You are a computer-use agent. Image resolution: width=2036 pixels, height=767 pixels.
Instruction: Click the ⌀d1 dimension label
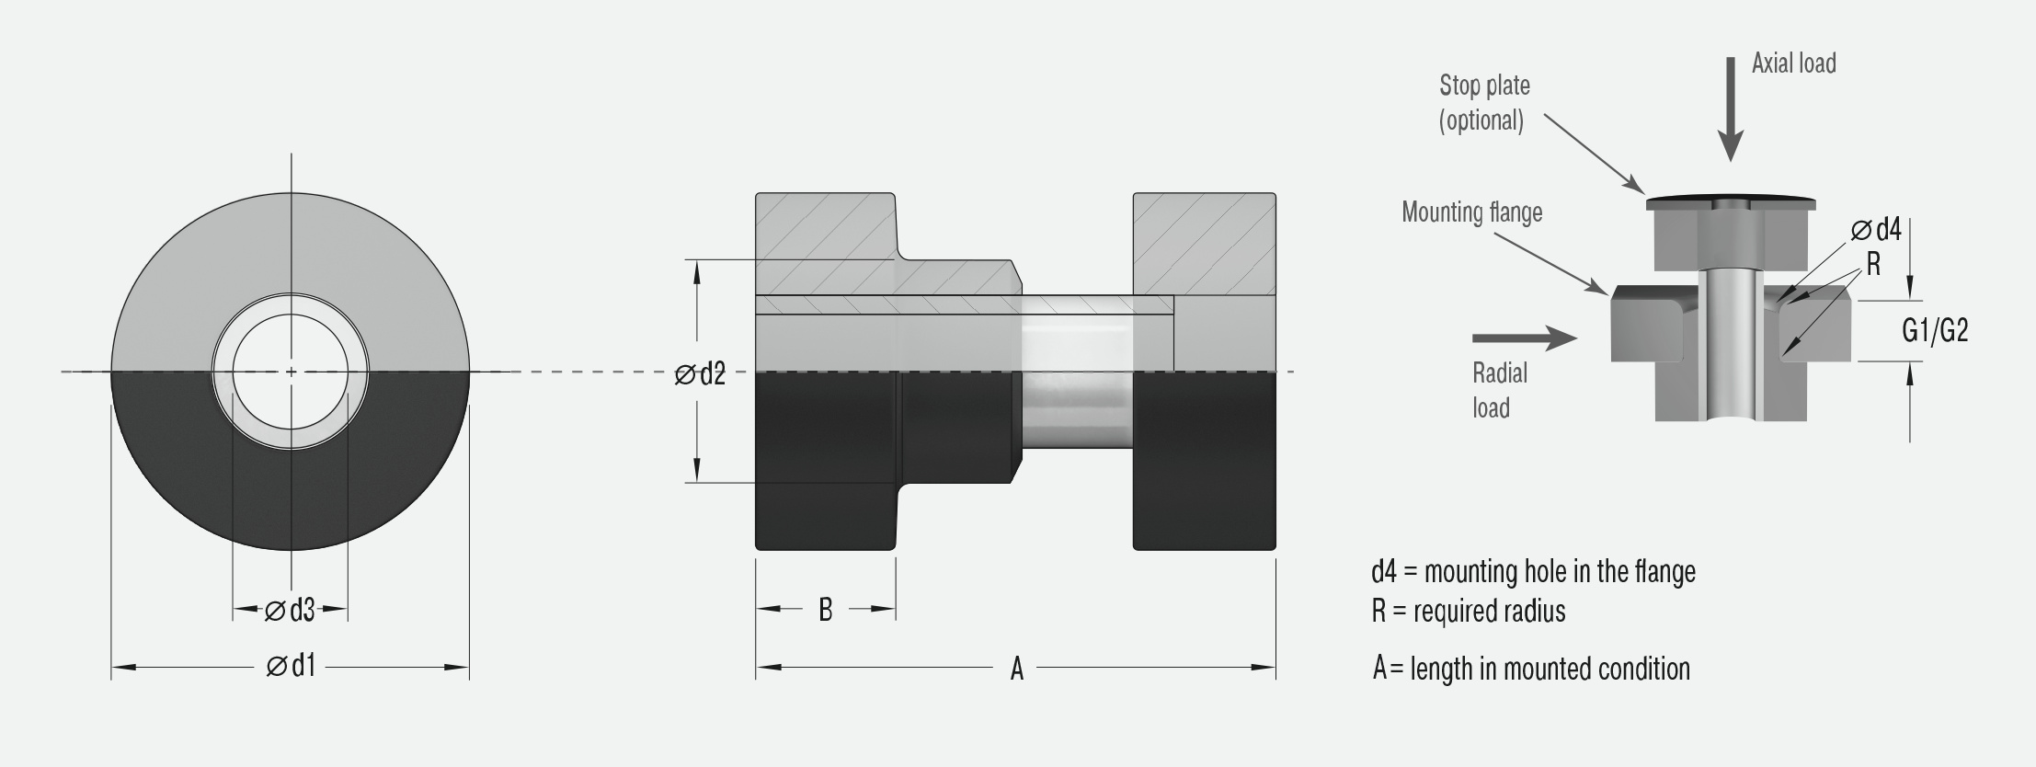291,666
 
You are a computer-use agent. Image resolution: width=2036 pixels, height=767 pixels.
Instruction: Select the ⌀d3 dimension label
290,610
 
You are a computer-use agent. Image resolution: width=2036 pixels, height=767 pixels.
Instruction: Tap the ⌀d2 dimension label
700,374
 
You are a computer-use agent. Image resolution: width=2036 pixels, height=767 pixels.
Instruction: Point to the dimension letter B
825,609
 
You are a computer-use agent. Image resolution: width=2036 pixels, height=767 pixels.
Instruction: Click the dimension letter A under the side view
1016,669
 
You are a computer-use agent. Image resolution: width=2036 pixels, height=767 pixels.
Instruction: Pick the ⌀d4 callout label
1876,229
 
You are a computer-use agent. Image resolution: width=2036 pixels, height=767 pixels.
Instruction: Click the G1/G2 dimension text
1935,330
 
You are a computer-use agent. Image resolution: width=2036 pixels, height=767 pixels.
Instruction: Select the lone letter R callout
1873,265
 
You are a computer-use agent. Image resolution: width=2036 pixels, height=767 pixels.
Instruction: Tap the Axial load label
1793,63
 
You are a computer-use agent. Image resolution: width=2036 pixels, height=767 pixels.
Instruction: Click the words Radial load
1499,390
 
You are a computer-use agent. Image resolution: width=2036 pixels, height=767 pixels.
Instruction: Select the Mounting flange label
1471,212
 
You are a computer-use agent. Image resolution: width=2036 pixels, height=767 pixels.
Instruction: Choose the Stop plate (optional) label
1484,103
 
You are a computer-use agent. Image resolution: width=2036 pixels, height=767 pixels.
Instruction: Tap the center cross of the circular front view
292,372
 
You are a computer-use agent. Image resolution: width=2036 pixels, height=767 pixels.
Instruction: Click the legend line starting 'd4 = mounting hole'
1533,572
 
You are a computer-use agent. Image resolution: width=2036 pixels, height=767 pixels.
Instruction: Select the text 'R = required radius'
1468,611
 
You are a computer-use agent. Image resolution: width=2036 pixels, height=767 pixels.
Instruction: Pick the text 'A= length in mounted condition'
1531,669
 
